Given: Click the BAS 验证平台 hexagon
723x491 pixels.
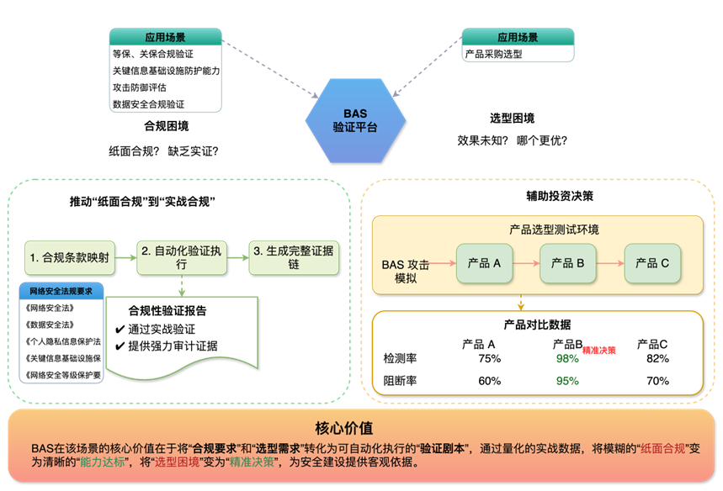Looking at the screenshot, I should (355, 120).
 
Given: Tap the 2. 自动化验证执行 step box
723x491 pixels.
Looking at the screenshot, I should (182, 257).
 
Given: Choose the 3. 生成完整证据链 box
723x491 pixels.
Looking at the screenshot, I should (294, 257).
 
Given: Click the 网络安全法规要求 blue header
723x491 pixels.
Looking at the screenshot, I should (61, 291).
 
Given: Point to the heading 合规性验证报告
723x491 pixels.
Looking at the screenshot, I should (167, 310).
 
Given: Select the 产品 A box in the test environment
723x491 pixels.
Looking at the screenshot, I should (484, 263).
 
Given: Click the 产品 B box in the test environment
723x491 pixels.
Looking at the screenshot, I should (568, 263).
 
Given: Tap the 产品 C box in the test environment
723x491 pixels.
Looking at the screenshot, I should (652, 263).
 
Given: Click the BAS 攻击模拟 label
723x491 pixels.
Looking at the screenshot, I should (406, 271).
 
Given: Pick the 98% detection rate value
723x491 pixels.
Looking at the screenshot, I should (567, 358).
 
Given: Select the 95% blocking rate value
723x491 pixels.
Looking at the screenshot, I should (567, 380).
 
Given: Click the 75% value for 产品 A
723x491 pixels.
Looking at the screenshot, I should (489, 358).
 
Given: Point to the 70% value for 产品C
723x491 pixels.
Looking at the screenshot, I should (657, 380).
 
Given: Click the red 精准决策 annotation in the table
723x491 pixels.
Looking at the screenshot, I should (599, 349).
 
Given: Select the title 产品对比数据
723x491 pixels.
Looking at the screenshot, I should (537, 325).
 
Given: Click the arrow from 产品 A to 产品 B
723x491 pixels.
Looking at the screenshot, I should (525, 263).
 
